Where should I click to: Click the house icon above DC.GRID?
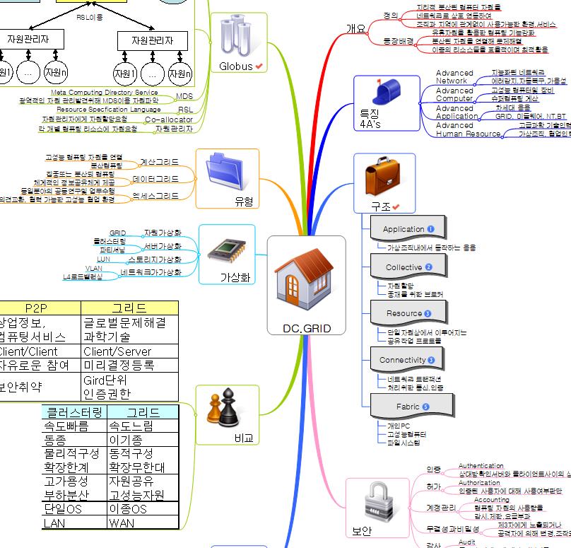(x=307, y=281)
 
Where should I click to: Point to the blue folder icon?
(x=227, y=173)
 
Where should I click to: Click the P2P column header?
(x=35, y=308)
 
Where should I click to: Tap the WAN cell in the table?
(x=121, y=523)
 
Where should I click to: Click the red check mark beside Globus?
(x=259, y=66)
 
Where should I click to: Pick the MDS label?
(x=184, y=96)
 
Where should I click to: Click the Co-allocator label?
(x=169, y=119)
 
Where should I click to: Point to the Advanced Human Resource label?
(x=467, y=129)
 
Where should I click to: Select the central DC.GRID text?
(x=307, y=328)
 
